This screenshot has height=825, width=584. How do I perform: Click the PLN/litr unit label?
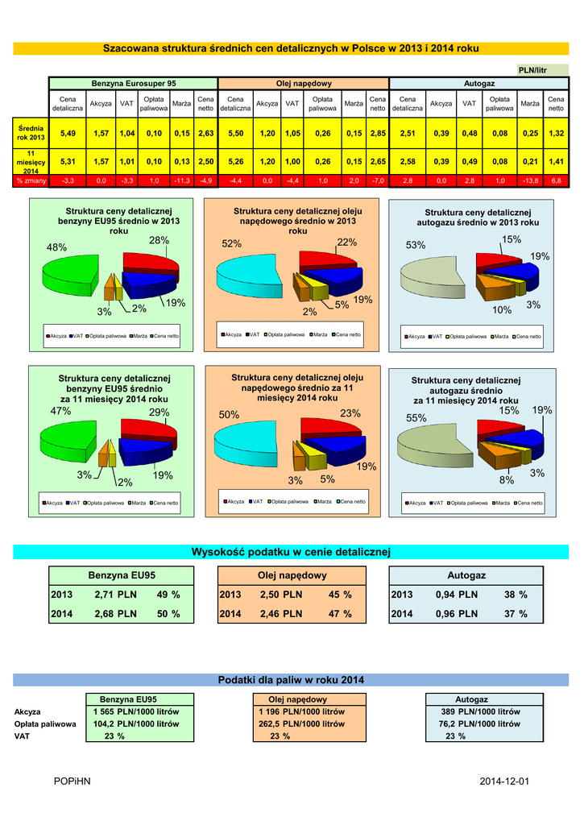coord(532,70)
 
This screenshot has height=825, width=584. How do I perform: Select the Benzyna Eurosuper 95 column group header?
coord(133,84)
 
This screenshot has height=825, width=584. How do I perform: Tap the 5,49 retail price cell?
coord(68,132)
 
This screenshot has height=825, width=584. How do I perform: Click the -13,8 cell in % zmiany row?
coord(529,181)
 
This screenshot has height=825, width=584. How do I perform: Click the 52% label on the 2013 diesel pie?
coord(231,243)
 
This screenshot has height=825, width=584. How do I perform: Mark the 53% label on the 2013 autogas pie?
coord(416,245)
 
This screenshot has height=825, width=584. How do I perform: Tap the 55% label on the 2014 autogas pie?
coord(416,418)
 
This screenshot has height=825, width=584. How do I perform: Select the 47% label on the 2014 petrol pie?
coord(60,411)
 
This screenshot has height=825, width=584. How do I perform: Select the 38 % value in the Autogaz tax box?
coord(516,595)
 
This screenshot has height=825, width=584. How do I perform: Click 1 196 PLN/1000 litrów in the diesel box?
coord(302,712)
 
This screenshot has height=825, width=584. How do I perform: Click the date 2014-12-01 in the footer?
coord(503,781)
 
